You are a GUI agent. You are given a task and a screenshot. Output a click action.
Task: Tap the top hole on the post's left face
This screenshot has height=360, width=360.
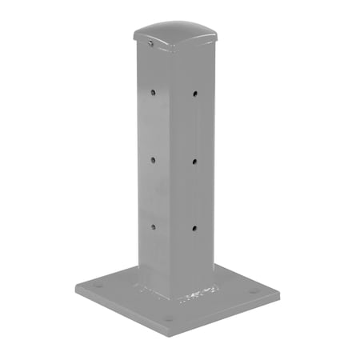click(x=152, y=93)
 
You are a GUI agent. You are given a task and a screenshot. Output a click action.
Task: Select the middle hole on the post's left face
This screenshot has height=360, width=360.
click(x=152, y=159)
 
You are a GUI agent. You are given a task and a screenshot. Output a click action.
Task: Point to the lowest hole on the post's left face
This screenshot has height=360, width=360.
click(x=152, y=226)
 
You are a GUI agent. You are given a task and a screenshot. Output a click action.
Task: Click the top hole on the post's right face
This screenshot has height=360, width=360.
click(x=195, y=94)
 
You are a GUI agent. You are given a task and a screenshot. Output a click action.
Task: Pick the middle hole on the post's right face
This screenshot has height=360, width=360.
click(x=195, y=161)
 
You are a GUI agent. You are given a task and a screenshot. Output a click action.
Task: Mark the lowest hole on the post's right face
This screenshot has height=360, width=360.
click(x=195, y=229)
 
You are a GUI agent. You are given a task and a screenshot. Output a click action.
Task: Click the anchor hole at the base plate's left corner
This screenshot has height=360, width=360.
click(x=97, y=284)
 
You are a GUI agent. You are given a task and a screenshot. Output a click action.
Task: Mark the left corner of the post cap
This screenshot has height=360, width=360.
click(x=134, y=35)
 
